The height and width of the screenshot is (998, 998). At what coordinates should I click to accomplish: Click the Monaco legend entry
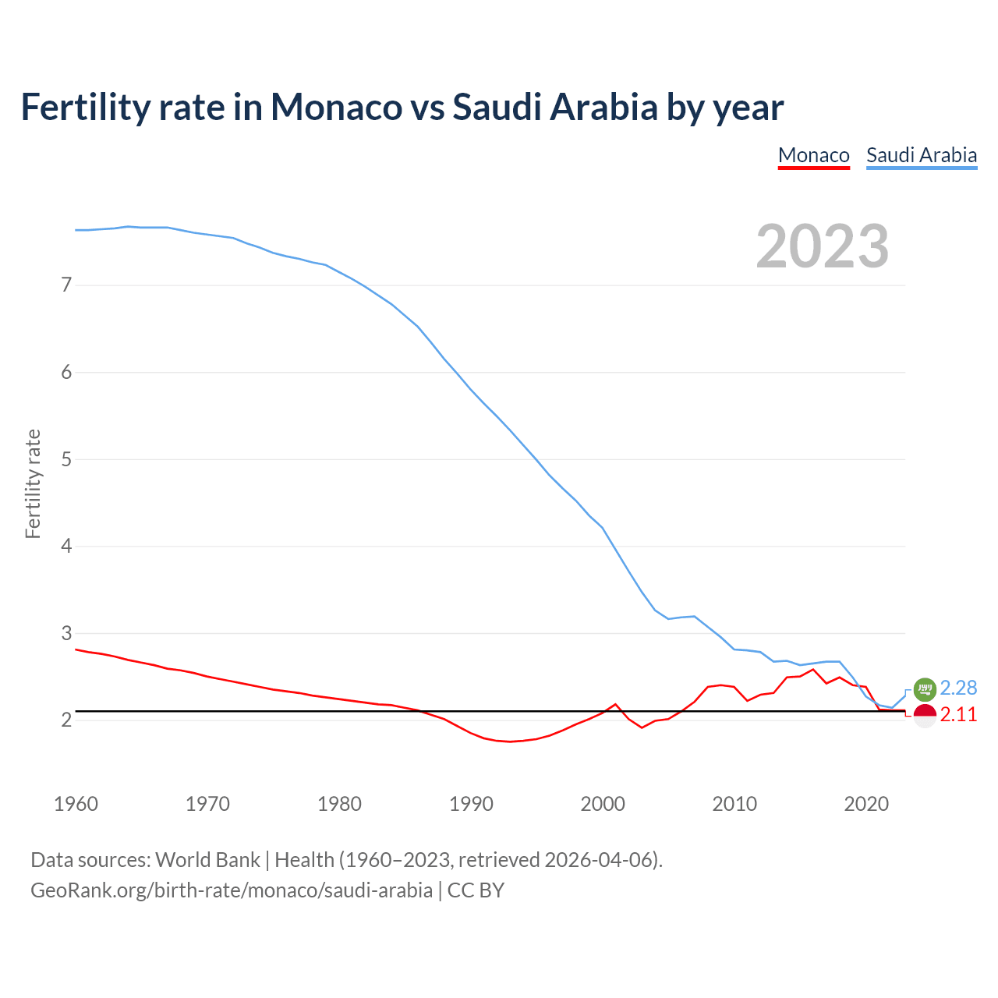(x=813, y=155)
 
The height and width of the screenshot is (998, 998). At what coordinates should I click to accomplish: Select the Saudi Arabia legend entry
(x=921, y=155)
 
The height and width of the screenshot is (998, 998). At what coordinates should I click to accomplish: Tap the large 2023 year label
(x=822, y=246)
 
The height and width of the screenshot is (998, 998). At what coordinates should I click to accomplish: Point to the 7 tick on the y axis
(x=66, y=285)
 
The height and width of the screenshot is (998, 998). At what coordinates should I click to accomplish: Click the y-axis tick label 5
(x=66, y=459)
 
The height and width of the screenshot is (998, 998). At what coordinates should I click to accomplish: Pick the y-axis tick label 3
(x=66, y=633)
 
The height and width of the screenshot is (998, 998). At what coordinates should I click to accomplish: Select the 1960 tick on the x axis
(x=76, y=804)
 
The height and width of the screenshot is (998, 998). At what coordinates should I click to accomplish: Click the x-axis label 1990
(x=471, y=804)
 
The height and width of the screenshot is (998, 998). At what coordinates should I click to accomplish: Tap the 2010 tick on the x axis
(x=734, y=804)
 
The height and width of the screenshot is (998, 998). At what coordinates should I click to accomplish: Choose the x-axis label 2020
(x=866, y=804)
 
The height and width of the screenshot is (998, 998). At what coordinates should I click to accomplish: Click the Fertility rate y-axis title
(x=33, y=483)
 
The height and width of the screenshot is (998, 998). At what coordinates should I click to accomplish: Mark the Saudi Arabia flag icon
(x=924, y=688)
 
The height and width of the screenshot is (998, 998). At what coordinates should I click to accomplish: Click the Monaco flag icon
(x=924, y=715)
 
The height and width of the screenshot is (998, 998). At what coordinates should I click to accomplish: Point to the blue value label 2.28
(x=958, y=688)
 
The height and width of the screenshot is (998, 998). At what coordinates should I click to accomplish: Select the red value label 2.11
(x=958, y=715)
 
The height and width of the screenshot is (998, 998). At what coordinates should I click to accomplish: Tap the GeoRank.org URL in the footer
(x=231, y=890)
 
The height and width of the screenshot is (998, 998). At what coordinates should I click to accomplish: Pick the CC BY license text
(x=476, y=890)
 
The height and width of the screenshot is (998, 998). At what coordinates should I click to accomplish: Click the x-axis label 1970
(x=207, y=804)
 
